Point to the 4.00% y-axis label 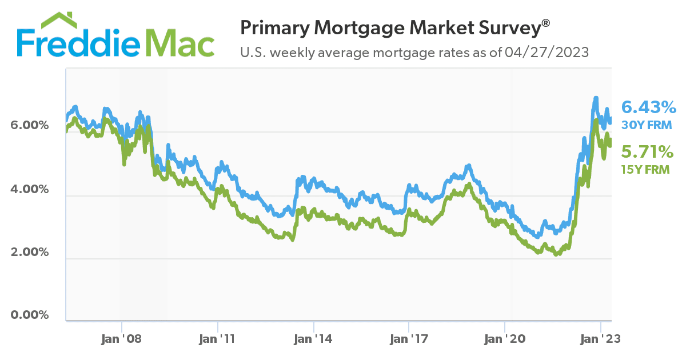point(28,189)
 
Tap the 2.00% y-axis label point(28,252)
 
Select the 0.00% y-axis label point(28,315)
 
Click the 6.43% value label point(649,107)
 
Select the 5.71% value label point(647,151)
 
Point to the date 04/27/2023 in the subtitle point(547,53)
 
